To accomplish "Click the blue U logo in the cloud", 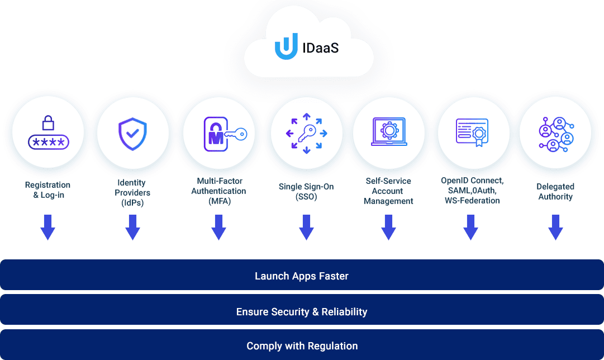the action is tap(286, 47).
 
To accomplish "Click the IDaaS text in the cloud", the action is tap(321, 48).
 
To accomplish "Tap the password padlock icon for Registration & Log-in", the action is tap(49, 132).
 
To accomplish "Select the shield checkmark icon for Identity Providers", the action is tap(132, 134).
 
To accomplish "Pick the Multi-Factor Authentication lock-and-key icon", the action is tap(225, 134).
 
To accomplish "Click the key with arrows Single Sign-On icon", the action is tap(307, 134).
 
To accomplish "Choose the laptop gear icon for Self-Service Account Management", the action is tap(389, 132).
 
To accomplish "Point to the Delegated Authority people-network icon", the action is tap(557, 134).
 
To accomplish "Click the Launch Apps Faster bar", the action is tap(302, 275).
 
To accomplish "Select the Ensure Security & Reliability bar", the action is tap(302, 310).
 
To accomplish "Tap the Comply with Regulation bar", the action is tap(302, 344).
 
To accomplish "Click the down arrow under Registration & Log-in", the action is tap(47, 228).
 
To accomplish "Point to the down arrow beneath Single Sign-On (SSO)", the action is tap(307, 228).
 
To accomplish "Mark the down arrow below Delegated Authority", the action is tap(555, 228).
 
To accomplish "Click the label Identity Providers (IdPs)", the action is tap(132, 193).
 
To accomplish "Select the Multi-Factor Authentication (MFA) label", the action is tap(219, 191).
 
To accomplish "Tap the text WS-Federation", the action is tap(472, 201).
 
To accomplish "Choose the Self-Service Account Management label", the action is tap(388, 191).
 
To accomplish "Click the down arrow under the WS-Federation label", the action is tap(470, 228).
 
